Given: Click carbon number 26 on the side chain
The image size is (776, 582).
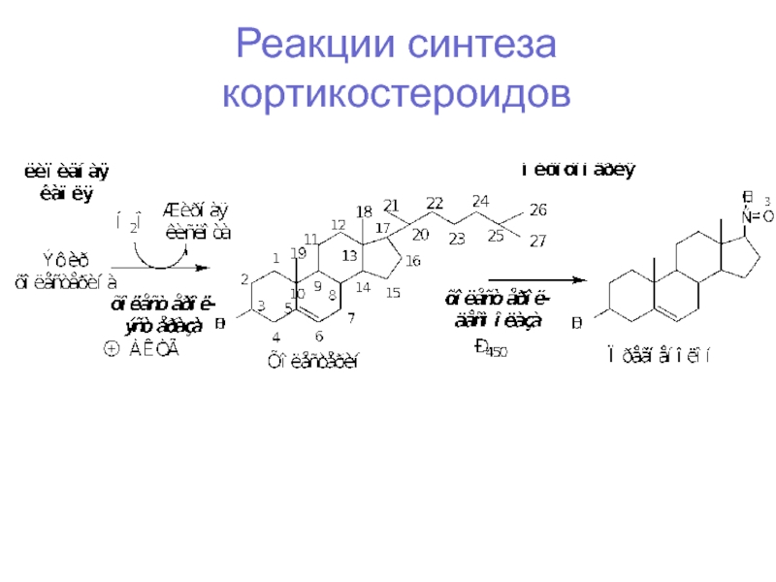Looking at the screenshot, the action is (x=538, y=210).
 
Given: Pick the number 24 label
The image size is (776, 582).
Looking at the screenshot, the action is (x=480, y=202).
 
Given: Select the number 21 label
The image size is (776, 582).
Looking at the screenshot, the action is (x=391, y=205).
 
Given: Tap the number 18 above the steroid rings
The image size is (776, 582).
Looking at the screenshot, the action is (x=364, y=211).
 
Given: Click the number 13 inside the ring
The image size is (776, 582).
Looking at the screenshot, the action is (x=349, y=255).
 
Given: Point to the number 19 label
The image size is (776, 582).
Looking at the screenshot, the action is (x=299, y=252).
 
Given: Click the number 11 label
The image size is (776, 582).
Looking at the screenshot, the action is (x=311, y=239).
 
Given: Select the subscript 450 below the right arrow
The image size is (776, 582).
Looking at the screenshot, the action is (x=498, y=351).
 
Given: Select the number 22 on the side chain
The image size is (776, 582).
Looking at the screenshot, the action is (x=435, y=203).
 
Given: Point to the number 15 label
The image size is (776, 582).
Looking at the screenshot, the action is (x=394, y=292).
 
